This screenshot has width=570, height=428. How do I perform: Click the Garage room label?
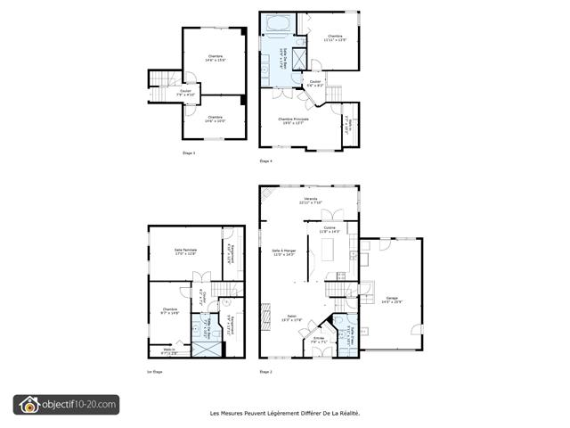tap(392, 300)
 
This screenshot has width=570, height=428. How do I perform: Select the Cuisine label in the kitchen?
tap(330, 229)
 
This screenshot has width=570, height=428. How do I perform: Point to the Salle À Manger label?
tap(283, 252)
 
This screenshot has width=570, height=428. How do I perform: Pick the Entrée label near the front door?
tap(318, 340)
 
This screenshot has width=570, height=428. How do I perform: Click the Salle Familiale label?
tap(184, 251)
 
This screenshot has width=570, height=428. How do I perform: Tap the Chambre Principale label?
tap(293, 119)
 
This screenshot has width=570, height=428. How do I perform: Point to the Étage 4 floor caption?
tap(265, 161)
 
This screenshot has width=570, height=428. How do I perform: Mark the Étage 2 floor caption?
tap(265, 371)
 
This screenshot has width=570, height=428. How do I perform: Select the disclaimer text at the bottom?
tap(284, 413)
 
